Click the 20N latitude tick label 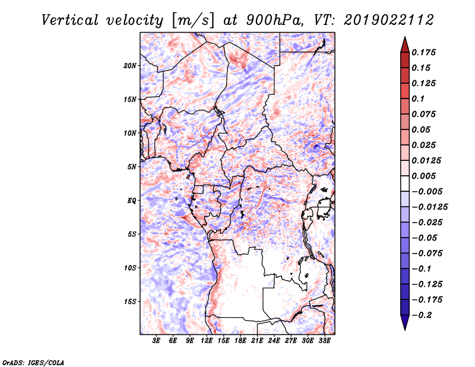click(130, 66)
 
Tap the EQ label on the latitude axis click(132, 201)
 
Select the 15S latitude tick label click(130, 302)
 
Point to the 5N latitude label click(132, 167)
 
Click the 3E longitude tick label click(156, 341)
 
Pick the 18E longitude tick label click(240, 341)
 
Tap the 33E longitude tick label click(324, 341)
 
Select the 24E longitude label click(274, 341)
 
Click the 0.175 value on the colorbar click(423, 52)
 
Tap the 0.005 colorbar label click(423, 176)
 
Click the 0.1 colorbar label click(418, 99)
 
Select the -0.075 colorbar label click(427, 254)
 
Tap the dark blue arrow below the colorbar click(405, 322)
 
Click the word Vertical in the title click(70, 20)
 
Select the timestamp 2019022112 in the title click(389, 20)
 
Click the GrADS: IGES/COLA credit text click(33, 362)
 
